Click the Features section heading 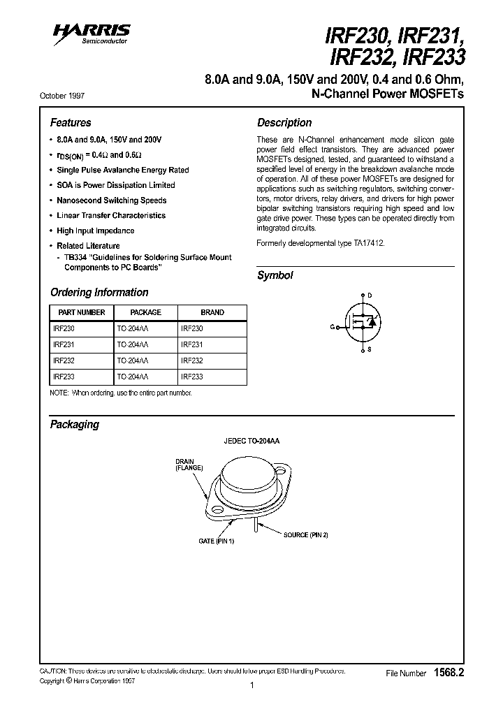(71, 122)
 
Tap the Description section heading (284, 122)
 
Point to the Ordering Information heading (99, 292)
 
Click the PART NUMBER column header (82, 312)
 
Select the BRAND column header (212, 312)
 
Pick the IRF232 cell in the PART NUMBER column (64, 360)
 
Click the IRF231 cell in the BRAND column (192, 344)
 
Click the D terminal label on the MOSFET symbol (370, 296)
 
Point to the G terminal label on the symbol (333, 326)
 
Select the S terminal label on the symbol (370, 348)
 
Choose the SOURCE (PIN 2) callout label (305, 534)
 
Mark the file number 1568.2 (449, 673)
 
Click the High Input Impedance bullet (96, 231)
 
